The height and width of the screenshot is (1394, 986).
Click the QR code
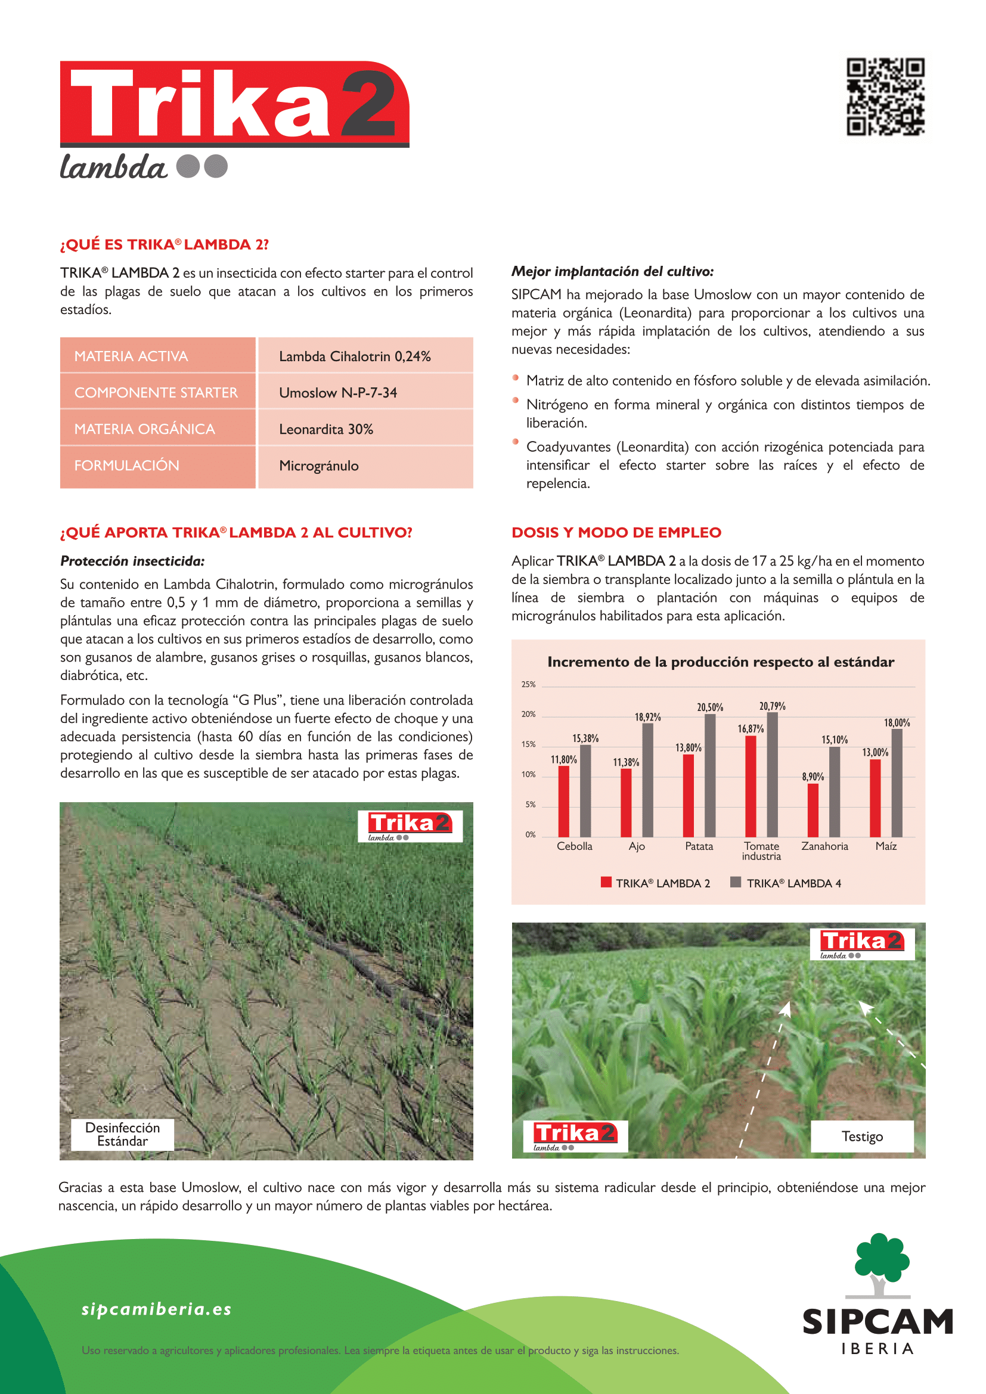pos(885,97)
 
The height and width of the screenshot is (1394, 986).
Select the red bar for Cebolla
pos(563,801)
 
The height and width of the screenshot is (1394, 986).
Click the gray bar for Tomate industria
pos(772,775)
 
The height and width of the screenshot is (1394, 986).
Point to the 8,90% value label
pos(813,777)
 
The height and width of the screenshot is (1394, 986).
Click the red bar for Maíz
pos(875,798)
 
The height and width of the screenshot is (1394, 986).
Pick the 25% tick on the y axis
pos(528,684)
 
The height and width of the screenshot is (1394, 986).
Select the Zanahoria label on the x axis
pos(824,846)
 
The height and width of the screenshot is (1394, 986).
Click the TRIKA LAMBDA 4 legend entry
pos(787,883)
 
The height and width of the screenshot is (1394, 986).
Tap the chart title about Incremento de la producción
pos(720,662)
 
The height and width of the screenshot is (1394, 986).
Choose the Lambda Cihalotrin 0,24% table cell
pos(355,356)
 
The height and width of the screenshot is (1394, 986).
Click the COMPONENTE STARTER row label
pos(156,393)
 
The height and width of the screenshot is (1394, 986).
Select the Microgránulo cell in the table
pos(319,465)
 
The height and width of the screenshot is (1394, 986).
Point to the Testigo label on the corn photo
pos(861,1136)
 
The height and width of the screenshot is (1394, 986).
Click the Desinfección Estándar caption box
pos(123,1134)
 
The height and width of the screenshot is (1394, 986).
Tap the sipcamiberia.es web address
pos(157,1309)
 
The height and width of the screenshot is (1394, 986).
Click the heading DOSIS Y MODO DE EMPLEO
pos(616,532)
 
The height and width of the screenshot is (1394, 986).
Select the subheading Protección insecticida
pos(132,561)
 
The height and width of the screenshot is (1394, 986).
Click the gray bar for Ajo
pos(648,780)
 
